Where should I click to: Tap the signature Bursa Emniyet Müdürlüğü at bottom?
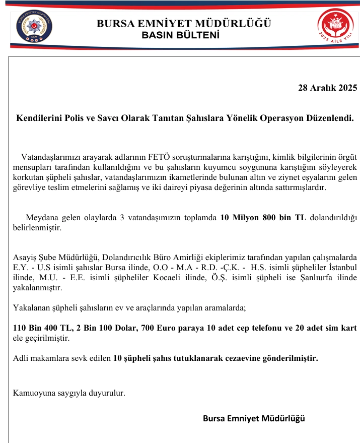[254, 418]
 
